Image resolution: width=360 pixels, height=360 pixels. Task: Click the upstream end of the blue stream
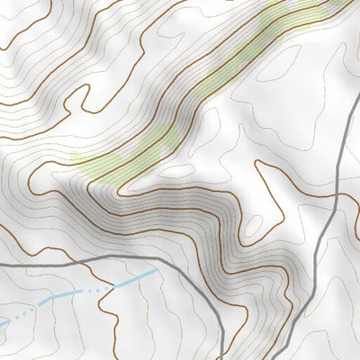point(157,268)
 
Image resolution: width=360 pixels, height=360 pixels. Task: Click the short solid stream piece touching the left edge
point(4,321)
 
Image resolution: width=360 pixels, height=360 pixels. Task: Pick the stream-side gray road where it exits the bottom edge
point(220,357)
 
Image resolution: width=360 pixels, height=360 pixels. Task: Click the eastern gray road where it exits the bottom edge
point(274,357)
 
